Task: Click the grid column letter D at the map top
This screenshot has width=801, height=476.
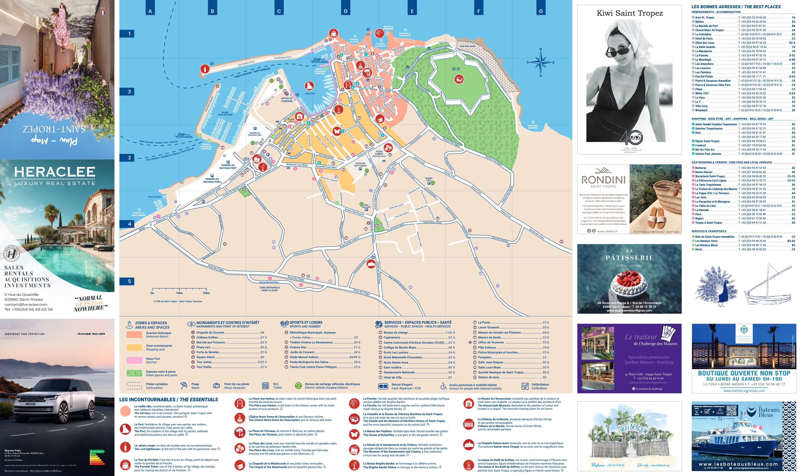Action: pyautogui.click(x=345, y=11)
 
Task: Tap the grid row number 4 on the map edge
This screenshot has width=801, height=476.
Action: pyautogui.click(x=129, y=224)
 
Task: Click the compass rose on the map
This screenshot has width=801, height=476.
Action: pyautogui.click(x=540, y=63)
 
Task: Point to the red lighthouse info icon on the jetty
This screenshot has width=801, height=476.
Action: pyautogui.click(x=205, y=69)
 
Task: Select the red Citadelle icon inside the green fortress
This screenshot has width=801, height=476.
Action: pyautogui.click(x=459, y=79)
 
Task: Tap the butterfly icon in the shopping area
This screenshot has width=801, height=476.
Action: pyautogui.click(x=337, y=131)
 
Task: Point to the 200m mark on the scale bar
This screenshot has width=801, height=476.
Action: pyautogui.click(x=206, y=293)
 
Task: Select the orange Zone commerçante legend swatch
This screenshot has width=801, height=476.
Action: pyautogui.click(x=134, y=347)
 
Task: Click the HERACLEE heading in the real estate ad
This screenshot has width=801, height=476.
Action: pyautogui.click(x=55, y=172)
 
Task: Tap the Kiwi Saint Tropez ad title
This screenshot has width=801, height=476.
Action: pyautogui.click(x=629, y=13)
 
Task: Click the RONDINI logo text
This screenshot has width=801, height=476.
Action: pyautogui.click(x=603, y=180)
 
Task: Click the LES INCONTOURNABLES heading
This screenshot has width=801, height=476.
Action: pyautogui.click(x=169, y=400)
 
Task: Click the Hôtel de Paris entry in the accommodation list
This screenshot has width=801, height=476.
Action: pyautogui.click(x=704, y=38)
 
